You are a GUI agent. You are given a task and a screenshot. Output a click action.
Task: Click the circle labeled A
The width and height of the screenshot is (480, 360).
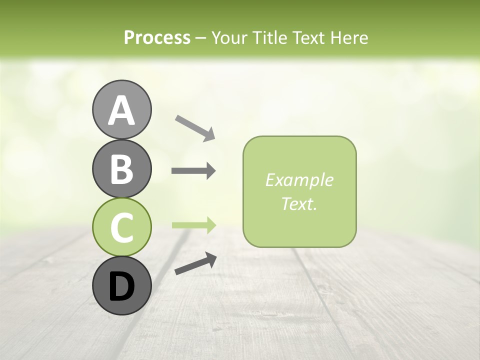click(121, 109)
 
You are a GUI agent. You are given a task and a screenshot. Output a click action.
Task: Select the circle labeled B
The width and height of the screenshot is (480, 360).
click(121, 168)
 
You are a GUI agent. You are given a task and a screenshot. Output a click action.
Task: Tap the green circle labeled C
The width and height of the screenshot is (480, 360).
click(121, 227)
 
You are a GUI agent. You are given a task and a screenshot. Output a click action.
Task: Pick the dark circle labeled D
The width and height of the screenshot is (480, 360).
click(121, 285)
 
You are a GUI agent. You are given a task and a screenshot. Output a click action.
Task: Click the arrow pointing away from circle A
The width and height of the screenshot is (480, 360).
click(195, 127)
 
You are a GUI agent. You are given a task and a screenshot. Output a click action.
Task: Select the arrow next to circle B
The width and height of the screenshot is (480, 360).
click(193, 171)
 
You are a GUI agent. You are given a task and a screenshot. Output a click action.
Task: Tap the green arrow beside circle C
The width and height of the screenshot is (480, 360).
click(193, 225)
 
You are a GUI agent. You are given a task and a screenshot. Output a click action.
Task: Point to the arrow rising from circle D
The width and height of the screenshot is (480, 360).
click(195, 264)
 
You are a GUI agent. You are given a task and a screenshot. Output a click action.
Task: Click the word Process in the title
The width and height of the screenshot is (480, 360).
click(157, 37)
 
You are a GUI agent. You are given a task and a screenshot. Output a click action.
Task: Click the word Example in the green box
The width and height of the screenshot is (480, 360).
click(299, 180)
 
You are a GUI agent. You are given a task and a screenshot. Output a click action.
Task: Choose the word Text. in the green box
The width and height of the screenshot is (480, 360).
click(299, 203)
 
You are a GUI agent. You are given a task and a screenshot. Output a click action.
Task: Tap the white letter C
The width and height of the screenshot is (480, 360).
click(121, 227)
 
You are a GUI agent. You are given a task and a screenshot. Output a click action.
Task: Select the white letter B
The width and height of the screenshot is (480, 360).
click(121, 169)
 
